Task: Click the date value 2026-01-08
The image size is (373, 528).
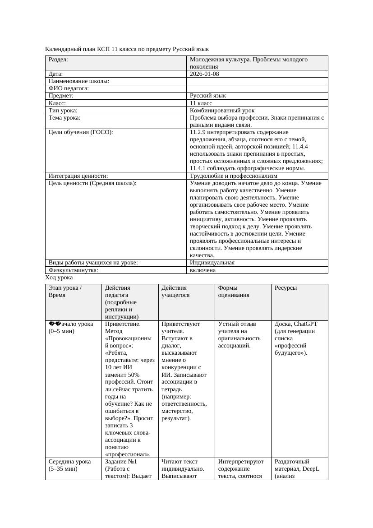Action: pos(204,74)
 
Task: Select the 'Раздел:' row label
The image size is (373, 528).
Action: pos(58,60)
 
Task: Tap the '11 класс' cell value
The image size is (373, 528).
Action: pos(201,103)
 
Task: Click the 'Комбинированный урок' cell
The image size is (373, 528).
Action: pos(222,111)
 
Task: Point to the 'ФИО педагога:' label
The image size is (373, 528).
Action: pos(69,89)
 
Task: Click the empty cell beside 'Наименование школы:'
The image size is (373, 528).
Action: pos(257,81)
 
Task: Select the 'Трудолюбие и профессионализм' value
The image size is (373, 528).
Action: pos(234,176)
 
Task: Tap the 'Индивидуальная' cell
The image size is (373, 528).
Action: pos(212,263)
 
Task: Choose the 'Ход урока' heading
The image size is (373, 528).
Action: pos(59,278)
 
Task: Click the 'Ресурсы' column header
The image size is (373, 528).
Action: pos(286,288)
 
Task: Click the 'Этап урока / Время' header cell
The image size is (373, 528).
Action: pos(65,292)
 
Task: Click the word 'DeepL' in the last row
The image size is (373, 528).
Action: pos(311,469)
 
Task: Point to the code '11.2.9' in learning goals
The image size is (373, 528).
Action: pos(198,132)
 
